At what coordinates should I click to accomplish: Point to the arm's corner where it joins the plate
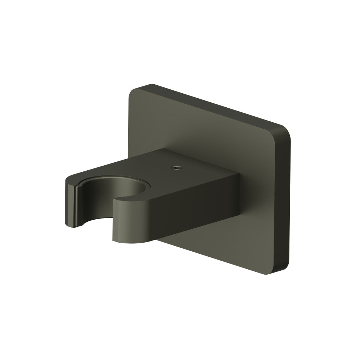pos(238,176)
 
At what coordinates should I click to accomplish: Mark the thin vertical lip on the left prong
pos(77,205)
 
